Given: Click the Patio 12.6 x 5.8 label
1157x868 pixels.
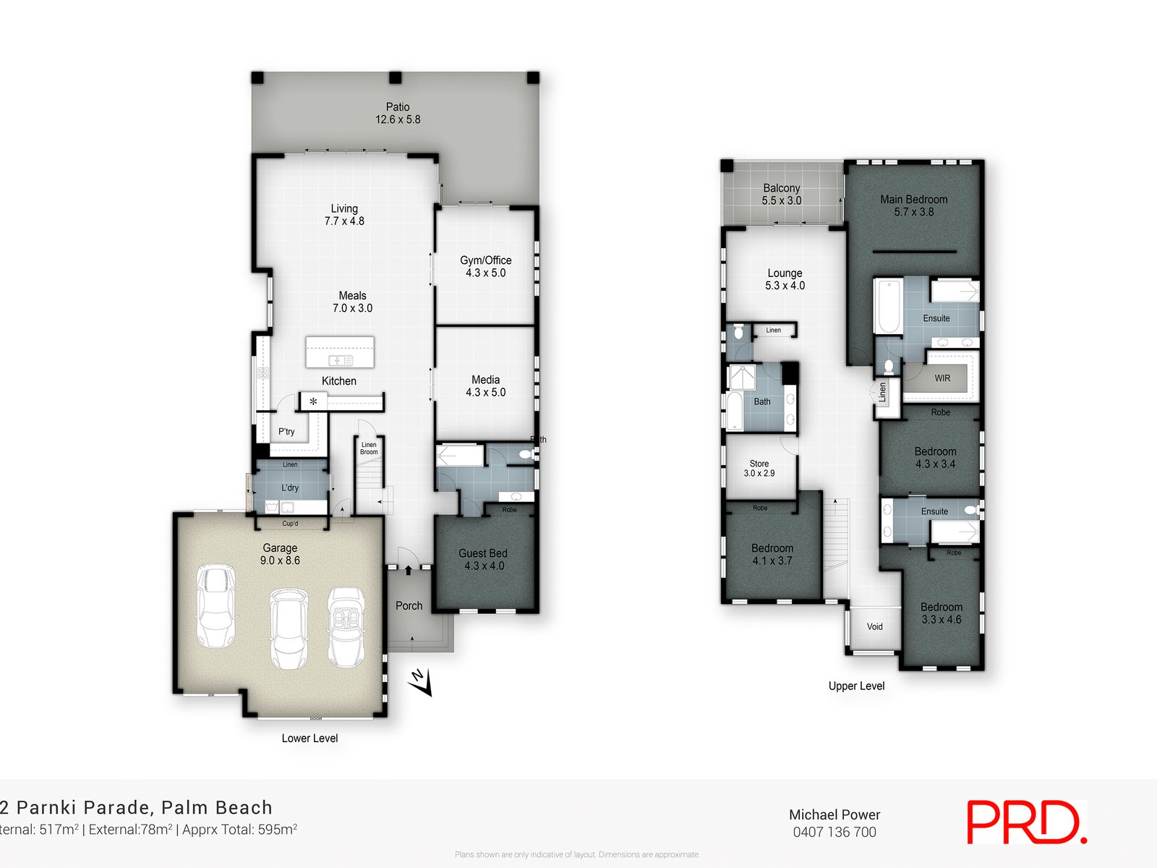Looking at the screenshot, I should pyautogui.click(x=398, y=114).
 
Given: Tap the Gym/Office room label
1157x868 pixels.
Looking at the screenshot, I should pyautogui.click(x=485, y=266).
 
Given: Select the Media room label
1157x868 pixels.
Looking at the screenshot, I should pyautogui.click(x=485, y=386).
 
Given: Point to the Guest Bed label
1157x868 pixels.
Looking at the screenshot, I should pyautogui.click(x=483, y=559).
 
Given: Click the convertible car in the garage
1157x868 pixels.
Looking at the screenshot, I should pyautogui.click(x=346, y=626).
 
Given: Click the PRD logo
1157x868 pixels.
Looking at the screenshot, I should pyautogui.click(x=1026, y=822).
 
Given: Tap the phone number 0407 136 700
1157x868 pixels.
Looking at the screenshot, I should pyautogui.click(x=834, y=832).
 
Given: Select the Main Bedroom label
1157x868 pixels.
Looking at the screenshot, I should pyautogui.click(x=913, y=205).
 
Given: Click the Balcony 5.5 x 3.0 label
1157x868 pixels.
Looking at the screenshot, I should pyautogui.click(x=782, y=194).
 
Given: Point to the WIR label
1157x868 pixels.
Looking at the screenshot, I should pyautogui.click(x=942, y=378).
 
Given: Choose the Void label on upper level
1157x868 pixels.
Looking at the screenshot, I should pyautogui.click(x=875, y=626).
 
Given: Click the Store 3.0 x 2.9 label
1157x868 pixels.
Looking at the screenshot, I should pyautogui.click(x=759, y=468).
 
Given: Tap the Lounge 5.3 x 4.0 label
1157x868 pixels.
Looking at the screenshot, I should pyautogui.click(x=785, y=279).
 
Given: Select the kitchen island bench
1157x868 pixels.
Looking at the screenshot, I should pyautogui.click(x=340, y=352).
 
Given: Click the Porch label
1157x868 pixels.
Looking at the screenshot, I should pyautogui.click(x=409, y=606).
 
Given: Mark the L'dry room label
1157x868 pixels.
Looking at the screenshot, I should pyautogui.click(x=290, y=488).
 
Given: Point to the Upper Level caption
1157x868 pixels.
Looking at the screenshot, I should pyautogui.click(x=856, y=686).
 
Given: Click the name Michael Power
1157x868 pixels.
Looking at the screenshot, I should pyautogui.click(x=834, y=814).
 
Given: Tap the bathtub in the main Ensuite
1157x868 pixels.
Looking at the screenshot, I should pyautogui.click(x=888, y=307).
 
